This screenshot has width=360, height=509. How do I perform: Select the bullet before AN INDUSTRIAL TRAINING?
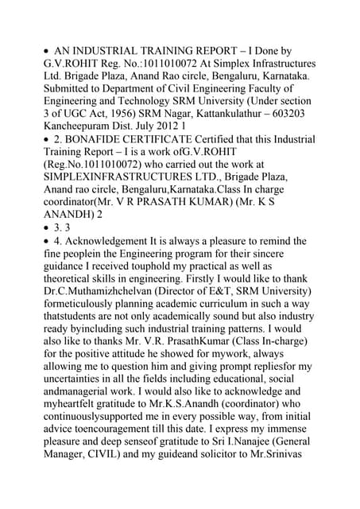pyautogui.click(x=47, y=50)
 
